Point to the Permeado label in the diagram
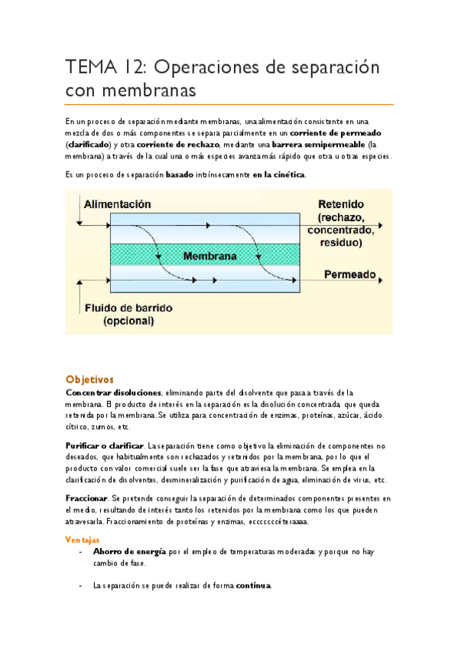pyautogui.click(x=349, y=274)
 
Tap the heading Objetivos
pyautogui.click(x=89, y=379)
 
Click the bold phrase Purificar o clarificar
pyautogui.click(x=105, y=445)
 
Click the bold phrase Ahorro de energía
pyautogui.click(x=128, y=551)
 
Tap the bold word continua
pyautogui.click(x=252, y=585)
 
